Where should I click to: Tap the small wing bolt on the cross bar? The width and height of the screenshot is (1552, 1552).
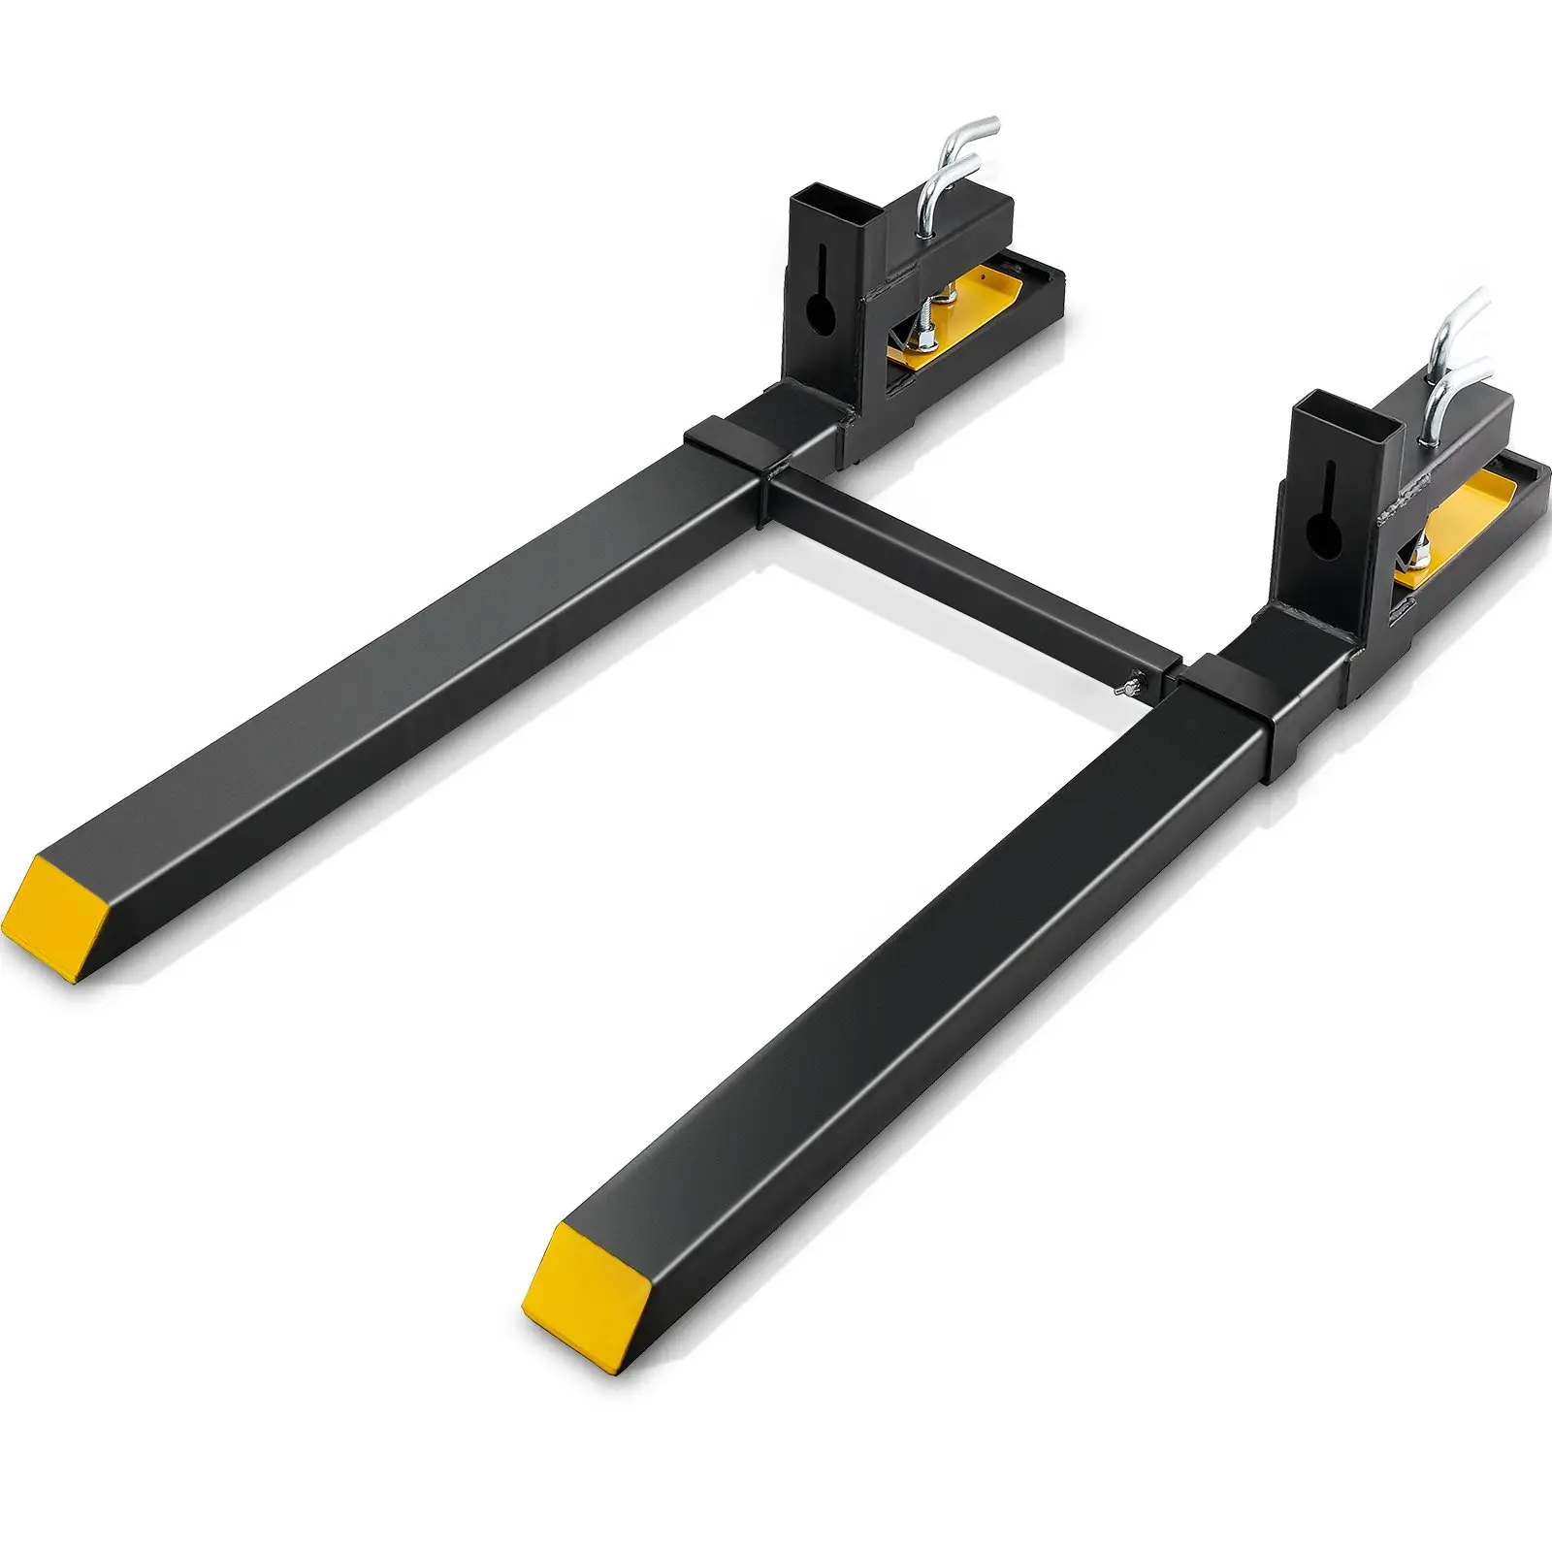click(x=1122, y=688)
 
